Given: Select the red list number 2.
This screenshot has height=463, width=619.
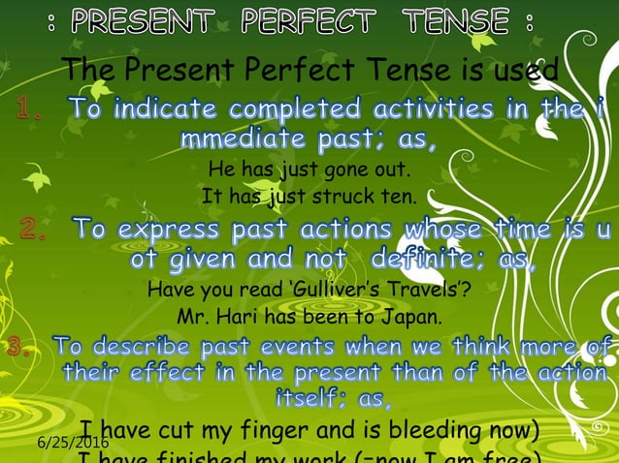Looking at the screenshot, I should (x=35, y=231).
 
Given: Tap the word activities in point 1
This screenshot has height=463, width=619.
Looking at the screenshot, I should (x=401, y=108).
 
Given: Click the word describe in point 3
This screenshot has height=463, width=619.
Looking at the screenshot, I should (x=165, y=346).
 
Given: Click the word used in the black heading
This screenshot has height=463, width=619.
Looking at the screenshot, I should (x=523, y=70).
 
